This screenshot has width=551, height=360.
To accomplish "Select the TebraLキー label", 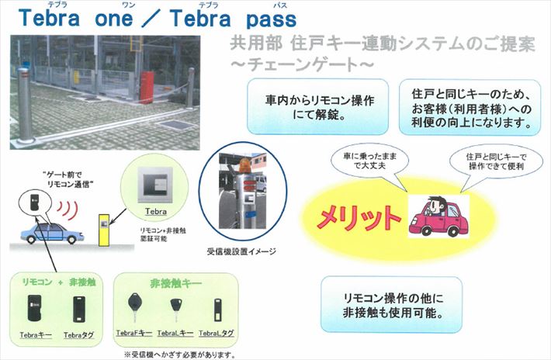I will [173, 333].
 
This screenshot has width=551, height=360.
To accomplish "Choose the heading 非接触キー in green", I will [175, 284].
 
